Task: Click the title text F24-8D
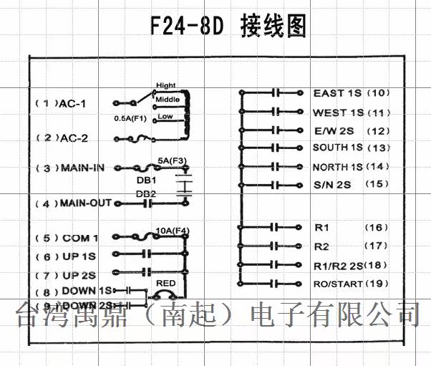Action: click(187, 26)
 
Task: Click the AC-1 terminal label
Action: click(73, 104)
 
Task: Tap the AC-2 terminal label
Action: click(73, 138)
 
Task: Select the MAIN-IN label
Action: click(82, 168)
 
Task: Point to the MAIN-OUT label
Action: click(85, 203)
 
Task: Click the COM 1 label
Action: click(79, 238)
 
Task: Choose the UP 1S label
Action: click(79, 256)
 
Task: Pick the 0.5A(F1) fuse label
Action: click(130, 117)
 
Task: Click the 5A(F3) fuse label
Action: click(171, 160)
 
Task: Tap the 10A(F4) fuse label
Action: click(173, 230)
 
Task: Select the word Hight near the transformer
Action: click(165, 85)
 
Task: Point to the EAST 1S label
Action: click(339, 93)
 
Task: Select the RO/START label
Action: click(339, 284)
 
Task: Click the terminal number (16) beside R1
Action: click(377, 228)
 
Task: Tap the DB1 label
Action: click(146, 180)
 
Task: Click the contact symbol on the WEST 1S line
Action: click(275, 112)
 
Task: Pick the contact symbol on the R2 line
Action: click(275, 246)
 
